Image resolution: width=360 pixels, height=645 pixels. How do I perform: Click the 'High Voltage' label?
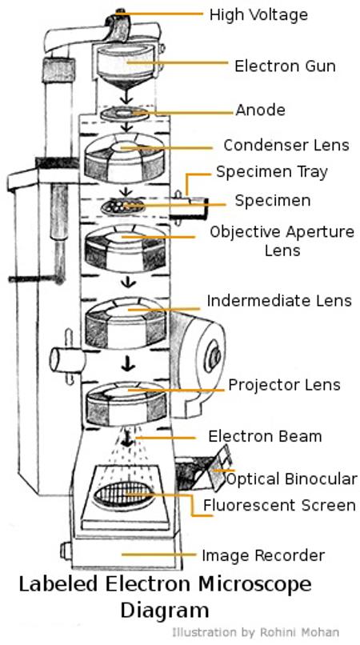[x=258, y=14]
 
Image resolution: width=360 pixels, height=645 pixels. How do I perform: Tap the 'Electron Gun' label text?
[x=285, y=66]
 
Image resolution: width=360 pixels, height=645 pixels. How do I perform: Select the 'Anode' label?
[x=260, y=110]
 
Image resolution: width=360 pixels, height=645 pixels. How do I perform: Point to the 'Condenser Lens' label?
[x=286, y=146]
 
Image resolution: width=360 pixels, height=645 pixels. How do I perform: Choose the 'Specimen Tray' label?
[x=272, y=172]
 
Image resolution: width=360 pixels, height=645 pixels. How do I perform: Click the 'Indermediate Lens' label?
[x=278, y=301]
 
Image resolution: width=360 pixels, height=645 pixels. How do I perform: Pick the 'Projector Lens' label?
[x=284, y=385]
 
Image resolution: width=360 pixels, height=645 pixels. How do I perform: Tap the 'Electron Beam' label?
[x=265, y=436]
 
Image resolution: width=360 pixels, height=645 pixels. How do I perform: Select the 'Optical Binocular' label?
[x=291, y=479]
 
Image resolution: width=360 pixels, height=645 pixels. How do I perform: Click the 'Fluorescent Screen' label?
[x=279, y=505]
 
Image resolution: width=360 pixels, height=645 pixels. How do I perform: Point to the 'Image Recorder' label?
[x=262, y=555]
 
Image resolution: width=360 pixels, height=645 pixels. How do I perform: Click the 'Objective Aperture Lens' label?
[x=282, y=241]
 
